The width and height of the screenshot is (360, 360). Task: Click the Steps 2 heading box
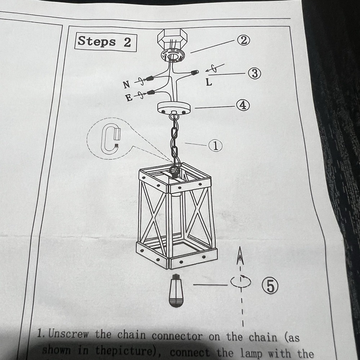pyautogui.click(x=105, y=42)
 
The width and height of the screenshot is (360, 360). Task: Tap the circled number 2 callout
pyautogui.click(x=243, y=40)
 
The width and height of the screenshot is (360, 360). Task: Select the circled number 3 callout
pyautogui.click(x=255, y=73)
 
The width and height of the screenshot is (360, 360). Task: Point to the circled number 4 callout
pyautogui.click(x=243, y=105)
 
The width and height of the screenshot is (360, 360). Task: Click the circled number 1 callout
pyautogui.click(x=215, y=145)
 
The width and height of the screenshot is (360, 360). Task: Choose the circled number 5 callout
pyautogui.click(x=270, y=286)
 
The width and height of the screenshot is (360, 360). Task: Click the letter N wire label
pyautogui.click(x=126, y=85)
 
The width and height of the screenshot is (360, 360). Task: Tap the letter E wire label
pyautogui.click(x=129, y=98)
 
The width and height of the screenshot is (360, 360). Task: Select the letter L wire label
pyautogui.click(x=209, y=82)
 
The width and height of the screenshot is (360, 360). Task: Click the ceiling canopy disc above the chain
pyautogui.click(x=174, y=107)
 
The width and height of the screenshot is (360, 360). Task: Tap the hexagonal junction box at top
pyautogui.click(x=172, y=38)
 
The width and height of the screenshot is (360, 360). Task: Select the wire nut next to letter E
pyautogui.click(x=150, y=93)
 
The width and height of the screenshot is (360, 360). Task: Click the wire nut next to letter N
pyautogui.click(x=149, y=78)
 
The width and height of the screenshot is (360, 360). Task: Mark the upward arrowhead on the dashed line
pyautogui.click(x=240, y=255)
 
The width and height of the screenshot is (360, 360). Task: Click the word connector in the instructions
pyautogui.click(x=177, y=336)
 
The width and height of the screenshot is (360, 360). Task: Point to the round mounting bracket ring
pyautogui.click(x=172, y=55)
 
